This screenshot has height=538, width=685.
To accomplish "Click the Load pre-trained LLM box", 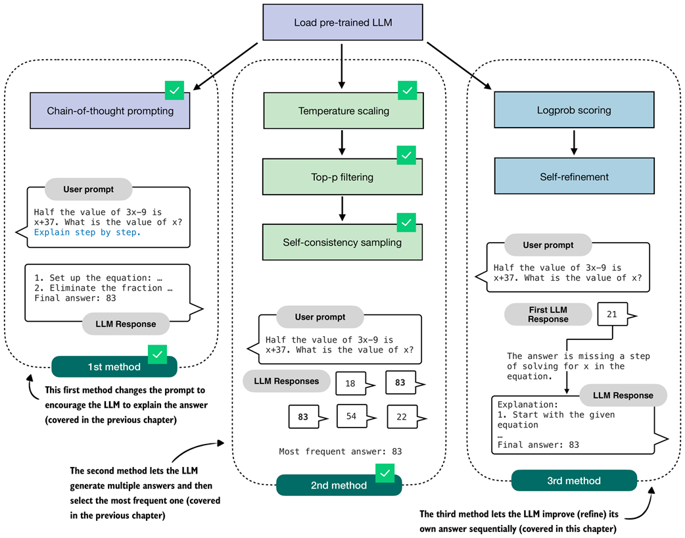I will click(341, 23).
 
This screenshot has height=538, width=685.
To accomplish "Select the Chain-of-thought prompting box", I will click(110, 110).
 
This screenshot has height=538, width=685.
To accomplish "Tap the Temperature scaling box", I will click(343, 110).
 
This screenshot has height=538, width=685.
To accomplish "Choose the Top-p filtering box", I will click(342, 176).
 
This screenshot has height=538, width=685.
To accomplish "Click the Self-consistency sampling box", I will click(342, 242).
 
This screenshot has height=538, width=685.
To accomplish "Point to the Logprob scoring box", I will click(574, 110).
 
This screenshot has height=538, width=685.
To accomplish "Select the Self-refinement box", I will click(574, 176).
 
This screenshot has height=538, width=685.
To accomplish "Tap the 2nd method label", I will click(339, 485).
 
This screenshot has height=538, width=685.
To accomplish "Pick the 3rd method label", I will click(574, 480).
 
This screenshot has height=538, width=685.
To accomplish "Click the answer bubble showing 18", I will click(350, 383).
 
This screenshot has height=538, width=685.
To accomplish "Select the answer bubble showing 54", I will click(350, 416).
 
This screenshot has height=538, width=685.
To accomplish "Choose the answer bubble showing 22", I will click(402, 416).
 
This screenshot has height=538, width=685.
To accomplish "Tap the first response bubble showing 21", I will click(611, 314).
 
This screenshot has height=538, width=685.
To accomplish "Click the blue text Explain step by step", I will click(87, 232).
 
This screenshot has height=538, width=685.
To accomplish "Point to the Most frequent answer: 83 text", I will click(340, 451).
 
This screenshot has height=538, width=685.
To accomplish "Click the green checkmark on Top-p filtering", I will click(406, 156).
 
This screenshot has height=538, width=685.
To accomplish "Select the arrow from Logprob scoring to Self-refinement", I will click(574, 143).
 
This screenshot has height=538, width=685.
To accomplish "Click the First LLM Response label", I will click(548, 314).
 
